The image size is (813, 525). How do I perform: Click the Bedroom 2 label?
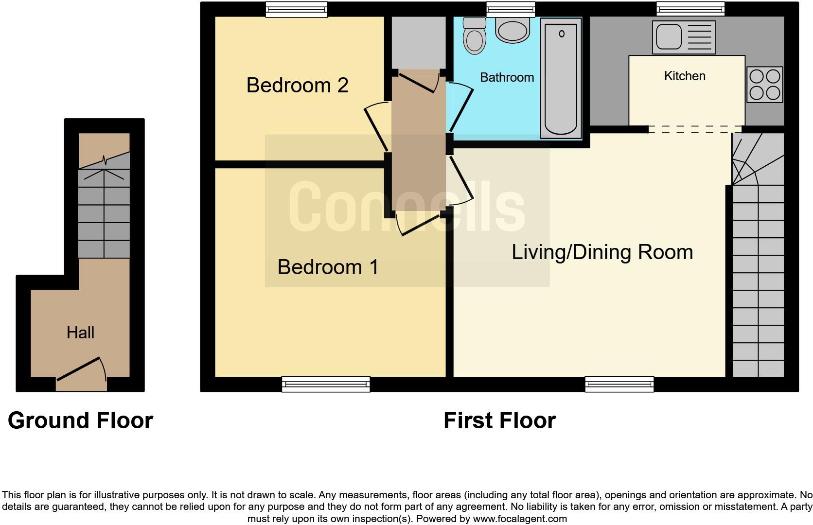click(x=297, y=85)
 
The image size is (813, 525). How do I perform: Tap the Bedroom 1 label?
click(x=328, y=267)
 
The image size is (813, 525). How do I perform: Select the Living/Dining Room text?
click(x=602, y=252)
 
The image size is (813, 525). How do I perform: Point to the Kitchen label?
click(x=684, y=76)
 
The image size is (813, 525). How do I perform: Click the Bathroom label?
click(x=507, y=77)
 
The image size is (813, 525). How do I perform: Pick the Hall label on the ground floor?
click(x=80, y=332)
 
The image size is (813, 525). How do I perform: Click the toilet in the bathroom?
click(x=474, y=36)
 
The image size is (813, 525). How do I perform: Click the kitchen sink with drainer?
click(x=684, y=37)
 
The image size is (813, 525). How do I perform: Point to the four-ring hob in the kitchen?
click(x=764, y=85)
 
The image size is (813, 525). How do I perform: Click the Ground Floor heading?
click(x=80, y=420)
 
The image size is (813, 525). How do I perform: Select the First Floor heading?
click(x=499, y=420)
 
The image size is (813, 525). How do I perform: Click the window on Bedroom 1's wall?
click(x=326, y=385)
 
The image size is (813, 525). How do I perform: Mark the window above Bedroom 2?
click(x=296, y=9)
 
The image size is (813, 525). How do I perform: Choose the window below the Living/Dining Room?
click(x=619, y=385)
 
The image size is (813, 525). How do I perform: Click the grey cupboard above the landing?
click(x=419, y=42)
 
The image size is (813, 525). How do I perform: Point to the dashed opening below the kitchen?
click(x=694, y=129)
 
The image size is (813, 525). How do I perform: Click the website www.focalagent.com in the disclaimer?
click(x=520, y=519)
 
